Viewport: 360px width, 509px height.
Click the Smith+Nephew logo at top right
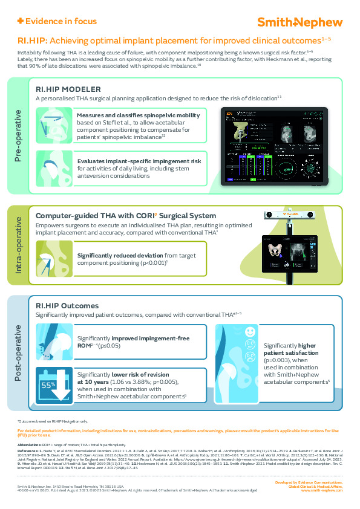(300, 22)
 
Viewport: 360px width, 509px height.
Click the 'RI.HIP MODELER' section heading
(68, 88)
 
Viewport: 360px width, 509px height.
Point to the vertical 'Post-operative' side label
(18, 352)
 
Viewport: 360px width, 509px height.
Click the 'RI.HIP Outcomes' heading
(67, 306)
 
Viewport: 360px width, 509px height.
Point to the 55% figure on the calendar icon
(47, 384)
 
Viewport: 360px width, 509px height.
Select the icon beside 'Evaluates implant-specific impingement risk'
(53, 167)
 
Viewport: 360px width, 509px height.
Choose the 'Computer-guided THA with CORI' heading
(125, 216)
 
